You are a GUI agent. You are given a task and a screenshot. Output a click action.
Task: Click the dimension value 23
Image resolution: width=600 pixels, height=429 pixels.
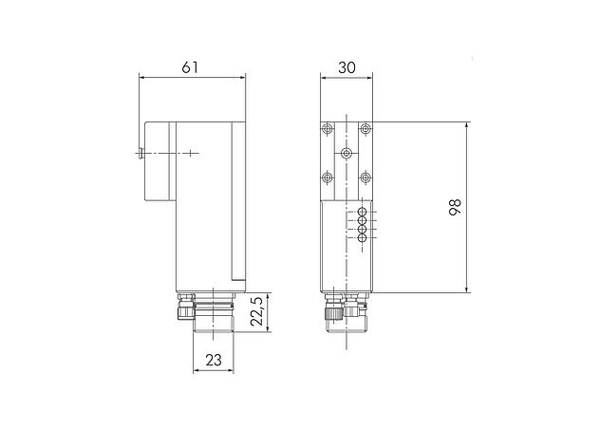pyautogui.click(x=214, y=359)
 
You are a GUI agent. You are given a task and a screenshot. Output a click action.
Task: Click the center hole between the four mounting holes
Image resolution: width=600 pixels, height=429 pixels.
pyautogui.click(x=347, y=152)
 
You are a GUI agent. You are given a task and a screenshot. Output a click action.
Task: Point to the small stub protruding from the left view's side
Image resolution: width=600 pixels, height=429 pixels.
pyautogui.click(x=140, y=152)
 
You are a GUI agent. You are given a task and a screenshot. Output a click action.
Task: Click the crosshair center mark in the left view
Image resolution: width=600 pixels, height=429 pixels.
pyautogui.click(x=191, y=152)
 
